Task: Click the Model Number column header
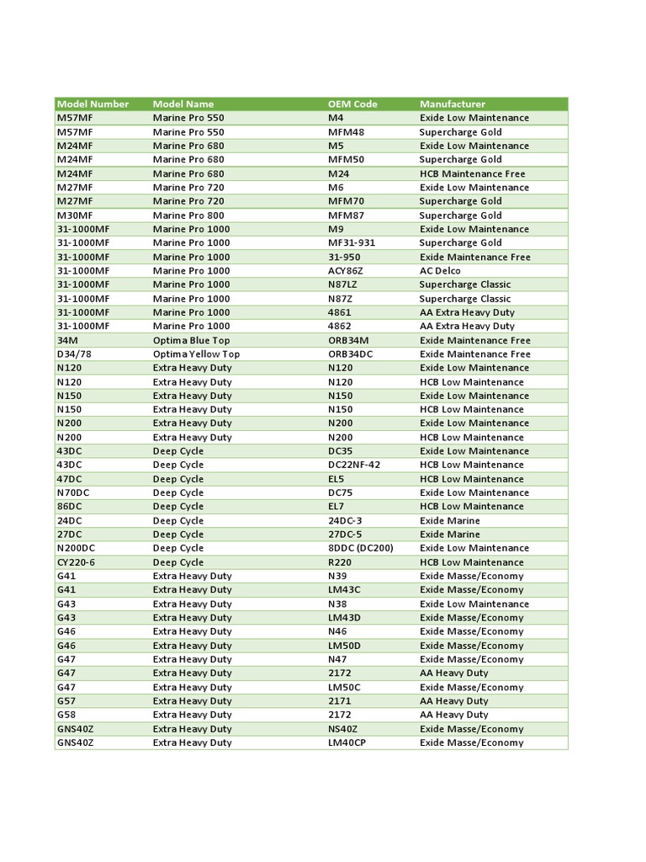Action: pyautogui.click(x=93, y=104)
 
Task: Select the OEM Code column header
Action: pyautogui.click(x=352, y=104)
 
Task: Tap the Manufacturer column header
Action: pyautogui.click(x=453, y=104)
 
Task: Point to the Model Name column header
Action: pyautogui.click(x=183, y=104)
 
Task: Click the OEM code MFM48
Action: pyautogui.click(x=347, y=132)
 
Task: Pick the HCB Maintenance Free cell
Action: pyautogui.click(x=473, y=173)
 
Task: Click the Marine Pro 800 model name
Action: pyautogui.click(x=188, y=215)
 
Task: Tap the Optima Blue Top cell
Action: pyautogui.click(x=192, y=340)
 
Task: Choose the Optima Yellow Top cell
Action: pyautogui.click(x=196, y=354)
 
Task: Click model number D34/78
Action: pyautogui.click(x=74, y=354)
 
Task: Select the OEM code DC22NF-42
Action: pyautogui.click(x=354, y=465)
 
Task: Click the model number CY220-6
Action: pyautogui.click(x=76, y=562)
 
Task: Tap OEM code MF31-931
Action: pyautogui.click(x=352, y=243)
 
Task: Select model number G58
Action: pyautogui.click(x=66, y=715)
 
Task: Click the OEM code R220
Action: pyautogui.click(x=340, y=562)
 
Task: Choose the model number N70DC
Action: pyautogui.click(x=74, y=492)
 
